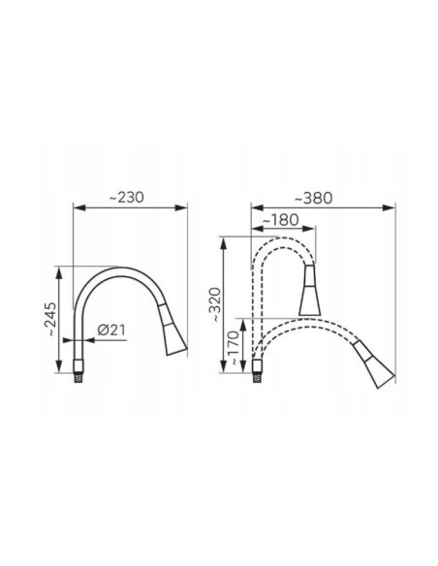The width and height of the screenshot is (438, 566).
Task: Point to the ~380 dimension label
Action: click(x=317, y=198)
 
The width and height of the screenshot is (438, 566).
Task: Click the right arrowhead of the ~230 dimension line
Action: click(x=184, y=206)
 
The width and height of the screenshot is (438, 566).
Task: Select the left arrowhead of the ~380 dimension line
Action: click(x=254, y=206)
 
